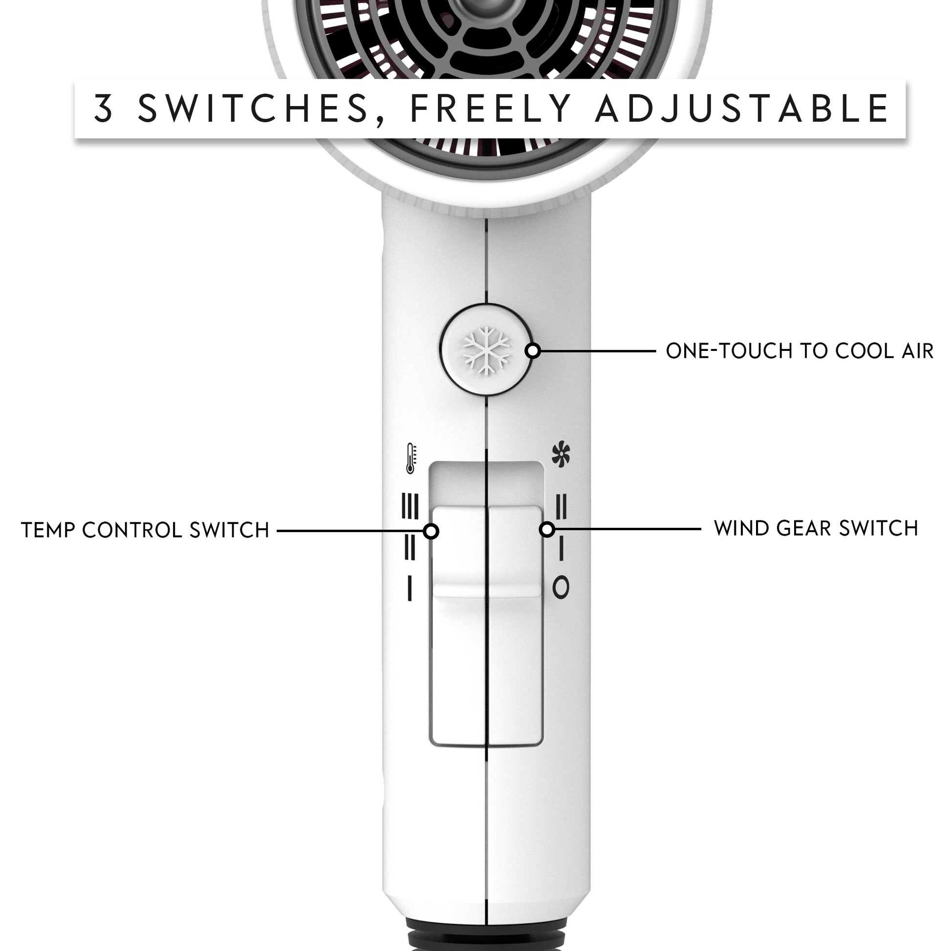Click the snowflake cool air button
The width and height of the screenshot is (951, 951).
coord(486,350)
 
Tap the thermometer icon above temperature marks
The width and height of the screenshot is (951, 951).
coord(411,459)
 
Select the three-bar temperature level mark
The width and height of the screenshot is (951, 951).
coord(410,506)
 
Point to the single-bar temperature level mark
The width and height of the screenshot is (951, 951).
coord(410,588)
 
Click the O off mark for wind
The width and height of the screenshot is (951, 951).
coord(561,587)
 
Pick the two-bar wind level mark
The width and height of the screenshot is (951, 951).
coord(561,506)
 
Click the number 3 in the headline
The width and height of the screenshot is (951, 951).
coord(104,108)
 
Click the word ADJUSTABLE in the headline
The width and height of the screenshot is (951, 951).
coord(742,109)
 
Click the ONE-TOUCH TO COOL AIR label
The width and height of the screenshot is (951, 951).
coord(800,351)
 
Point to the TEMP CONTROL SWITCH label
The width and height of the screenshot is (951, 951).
coord(145,530)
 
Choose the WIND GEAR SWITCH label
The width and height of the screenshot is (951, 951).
coord(816,528)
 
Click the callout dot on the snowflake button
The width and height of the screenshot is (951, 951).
coord(533,351)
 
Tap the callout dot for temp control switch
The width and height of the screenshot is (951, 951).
coord(431,531)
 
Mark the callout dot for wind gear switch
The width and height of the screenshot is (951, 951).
coord(547,530)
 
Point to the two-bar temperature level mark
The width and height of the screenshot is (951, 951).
coord(410,547)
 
